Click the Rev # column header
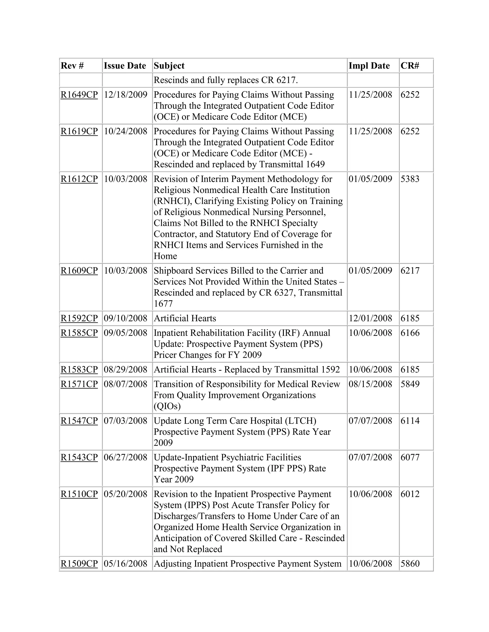point(72,66)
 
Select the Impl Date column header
point(369,66)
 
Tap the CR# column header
point(410,66)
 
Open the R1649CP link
point(79,95)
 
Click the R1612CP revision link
point(79,179)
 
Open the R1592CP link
point(79,318)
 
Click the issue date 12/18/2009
point(125,95)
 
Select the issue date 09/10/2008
point(125,318)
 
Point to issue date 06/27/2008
point(125,457)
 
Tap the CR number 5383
point(410,179)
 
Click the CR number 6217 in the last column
point(410,271)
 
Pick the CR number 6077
point(410,457)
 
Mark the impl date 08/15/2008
point(370,384)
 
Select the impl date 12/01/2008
point(370,318)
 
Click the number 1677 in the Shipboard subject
point(163,304)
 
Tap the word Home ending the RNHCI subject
point(165,256)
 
